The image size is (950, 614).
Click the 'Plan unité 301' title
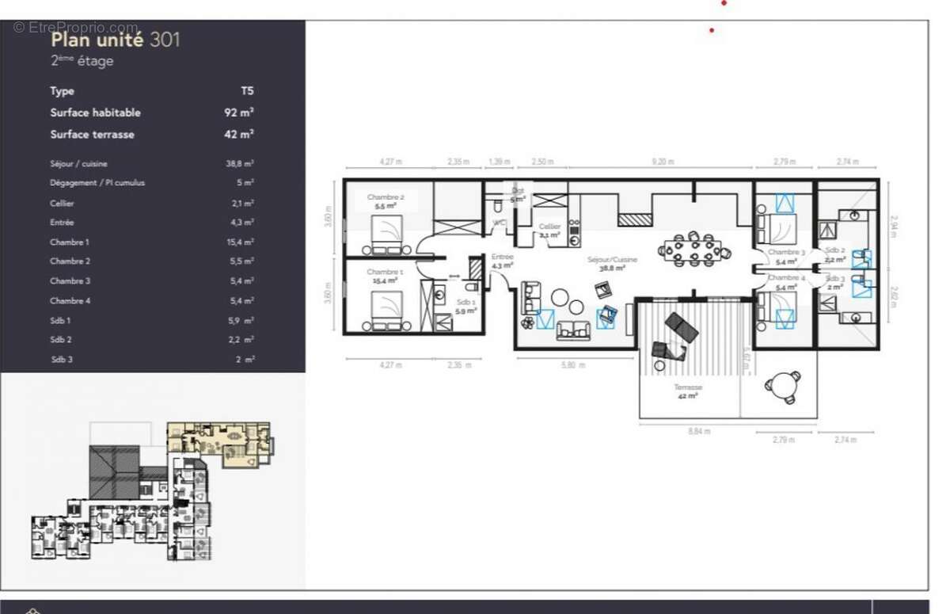[115, 40]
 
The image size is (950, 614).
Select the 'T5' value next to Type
[247, 91]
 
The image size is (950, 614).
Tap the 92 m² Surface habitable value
[238, 113]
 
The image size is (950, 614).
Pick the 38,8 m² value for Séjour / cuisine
[239, 164]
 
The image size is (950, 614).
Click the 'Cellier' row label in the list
[62, 204]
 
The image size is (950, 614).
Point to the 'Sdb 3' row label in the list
[60, 360]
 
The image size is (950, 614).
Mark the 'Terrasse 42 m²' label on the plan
[687, 391]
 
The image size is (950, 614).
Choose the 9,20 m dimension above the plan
[662, 162]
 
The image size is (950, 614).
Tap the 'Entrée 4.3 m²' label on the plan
[502, 261]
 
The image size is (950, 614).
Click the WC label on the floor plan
[499, 223]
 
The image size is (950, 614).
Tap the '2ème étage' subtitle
[82, 61]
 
